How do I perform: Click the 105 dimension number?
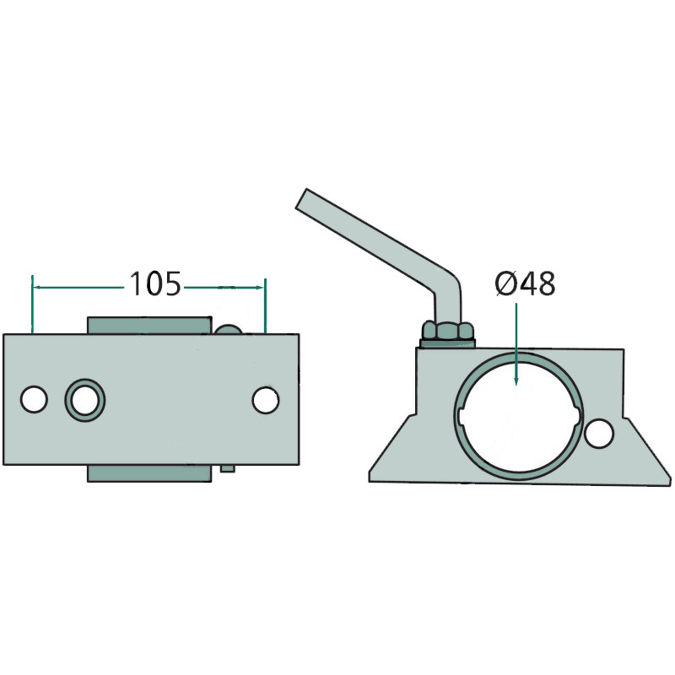click(155, 284)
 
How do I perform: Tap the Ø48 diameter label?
click(525, 284)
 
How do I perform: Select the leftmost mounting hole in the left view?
click(34, 399)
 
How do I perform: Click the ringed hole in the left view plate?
click(85, 400)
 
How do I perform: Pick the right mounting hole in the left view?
click(266, 400)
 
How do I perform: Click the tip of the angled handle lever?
click(300, 199)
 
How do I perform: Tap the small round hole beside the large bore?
click(599, 433)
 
